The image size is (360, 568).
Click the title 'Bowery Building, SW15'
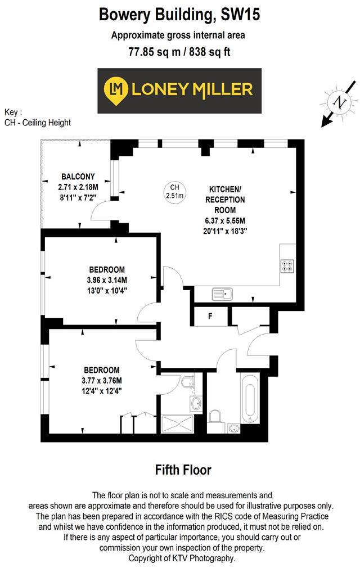179,15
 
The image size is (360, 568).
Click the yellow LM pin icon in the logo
116,89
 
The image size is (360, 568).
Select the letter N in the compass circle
339,102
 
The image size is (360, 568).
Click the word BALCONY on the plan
78,176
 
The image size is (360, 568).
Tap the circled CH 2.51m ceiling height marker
174,192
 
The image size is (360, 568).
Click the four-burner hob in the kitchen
287,266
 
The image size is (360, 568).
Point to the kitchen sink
223,294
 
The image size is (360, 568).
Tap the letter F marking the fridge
210,316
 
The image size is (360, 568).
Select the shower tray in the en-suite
179,423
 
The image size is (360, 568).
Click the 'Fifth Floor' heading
183,470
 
